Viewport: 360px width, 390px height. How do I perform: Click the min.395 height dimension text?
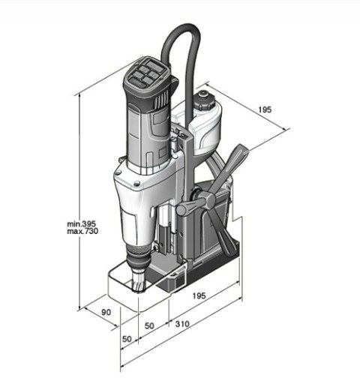pyautogui.click(x=82, y=224)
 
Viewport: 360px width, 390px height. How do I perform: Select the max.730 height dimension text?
pyautogui.click(x=82, y=232)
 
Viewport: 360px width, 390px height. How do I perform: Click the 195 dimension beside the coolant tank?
pyautogui.click(x=265, y=109)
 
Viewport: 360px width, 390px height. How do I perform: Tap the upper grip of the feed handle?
pyautogui.click(x=238, y=155)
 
